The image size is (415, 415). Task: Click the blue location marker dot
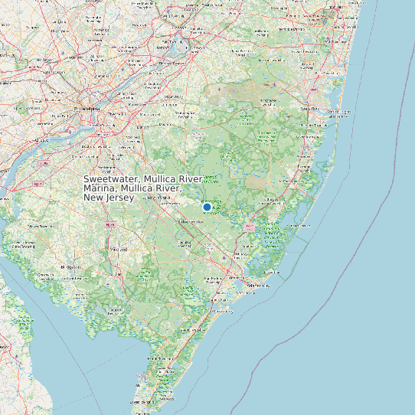pyautogui.click(x=207, y=207)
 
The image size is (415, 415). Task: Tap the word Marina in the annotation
pyautogui.click(x=100, y=188)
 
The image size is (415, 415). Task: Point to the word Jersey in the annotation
pyautogui.click(x=119, y=198)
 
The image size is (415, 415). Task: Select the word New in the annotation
pyautogui.click(x=93, y=198)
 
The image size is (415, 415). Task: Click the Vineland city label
pyautogui.click(x=118, y=250)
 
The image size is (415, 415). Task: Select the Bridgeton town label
pyautogui.click(x=73, y=266)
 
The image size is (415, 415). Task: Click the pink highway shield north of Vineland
pyautogui.click(x=109, y=225)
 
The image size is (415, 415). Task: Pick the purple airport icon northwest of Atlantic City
pyautogui.click(x=224, y=258)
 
